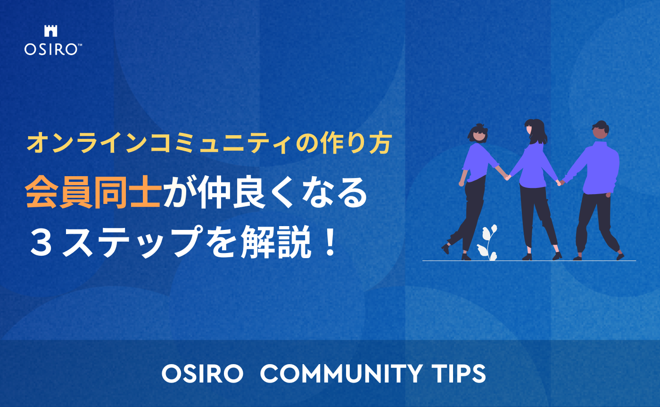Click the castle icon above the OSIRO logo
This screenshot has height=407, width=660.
tap(50, 31)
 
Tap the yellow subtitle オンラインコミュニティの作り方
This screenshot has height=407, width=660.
tap(209, 143)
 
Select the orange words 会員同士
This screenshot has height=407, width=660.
tap(93, 194)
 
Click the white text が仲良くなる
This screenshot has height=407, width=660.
tap(264, 194)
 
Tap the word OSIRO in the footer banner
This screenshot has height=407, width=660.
tap(202, 374)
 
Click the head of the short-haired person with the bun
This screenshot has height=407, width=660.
tap(477, 133)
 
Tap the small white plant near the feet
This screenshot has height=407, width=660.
tap(487, 241)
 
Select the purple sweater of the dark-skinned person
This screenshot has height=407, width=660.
tap(598, 170)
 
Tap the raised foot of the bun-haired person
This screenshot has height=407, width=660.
tap(445, 249)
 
